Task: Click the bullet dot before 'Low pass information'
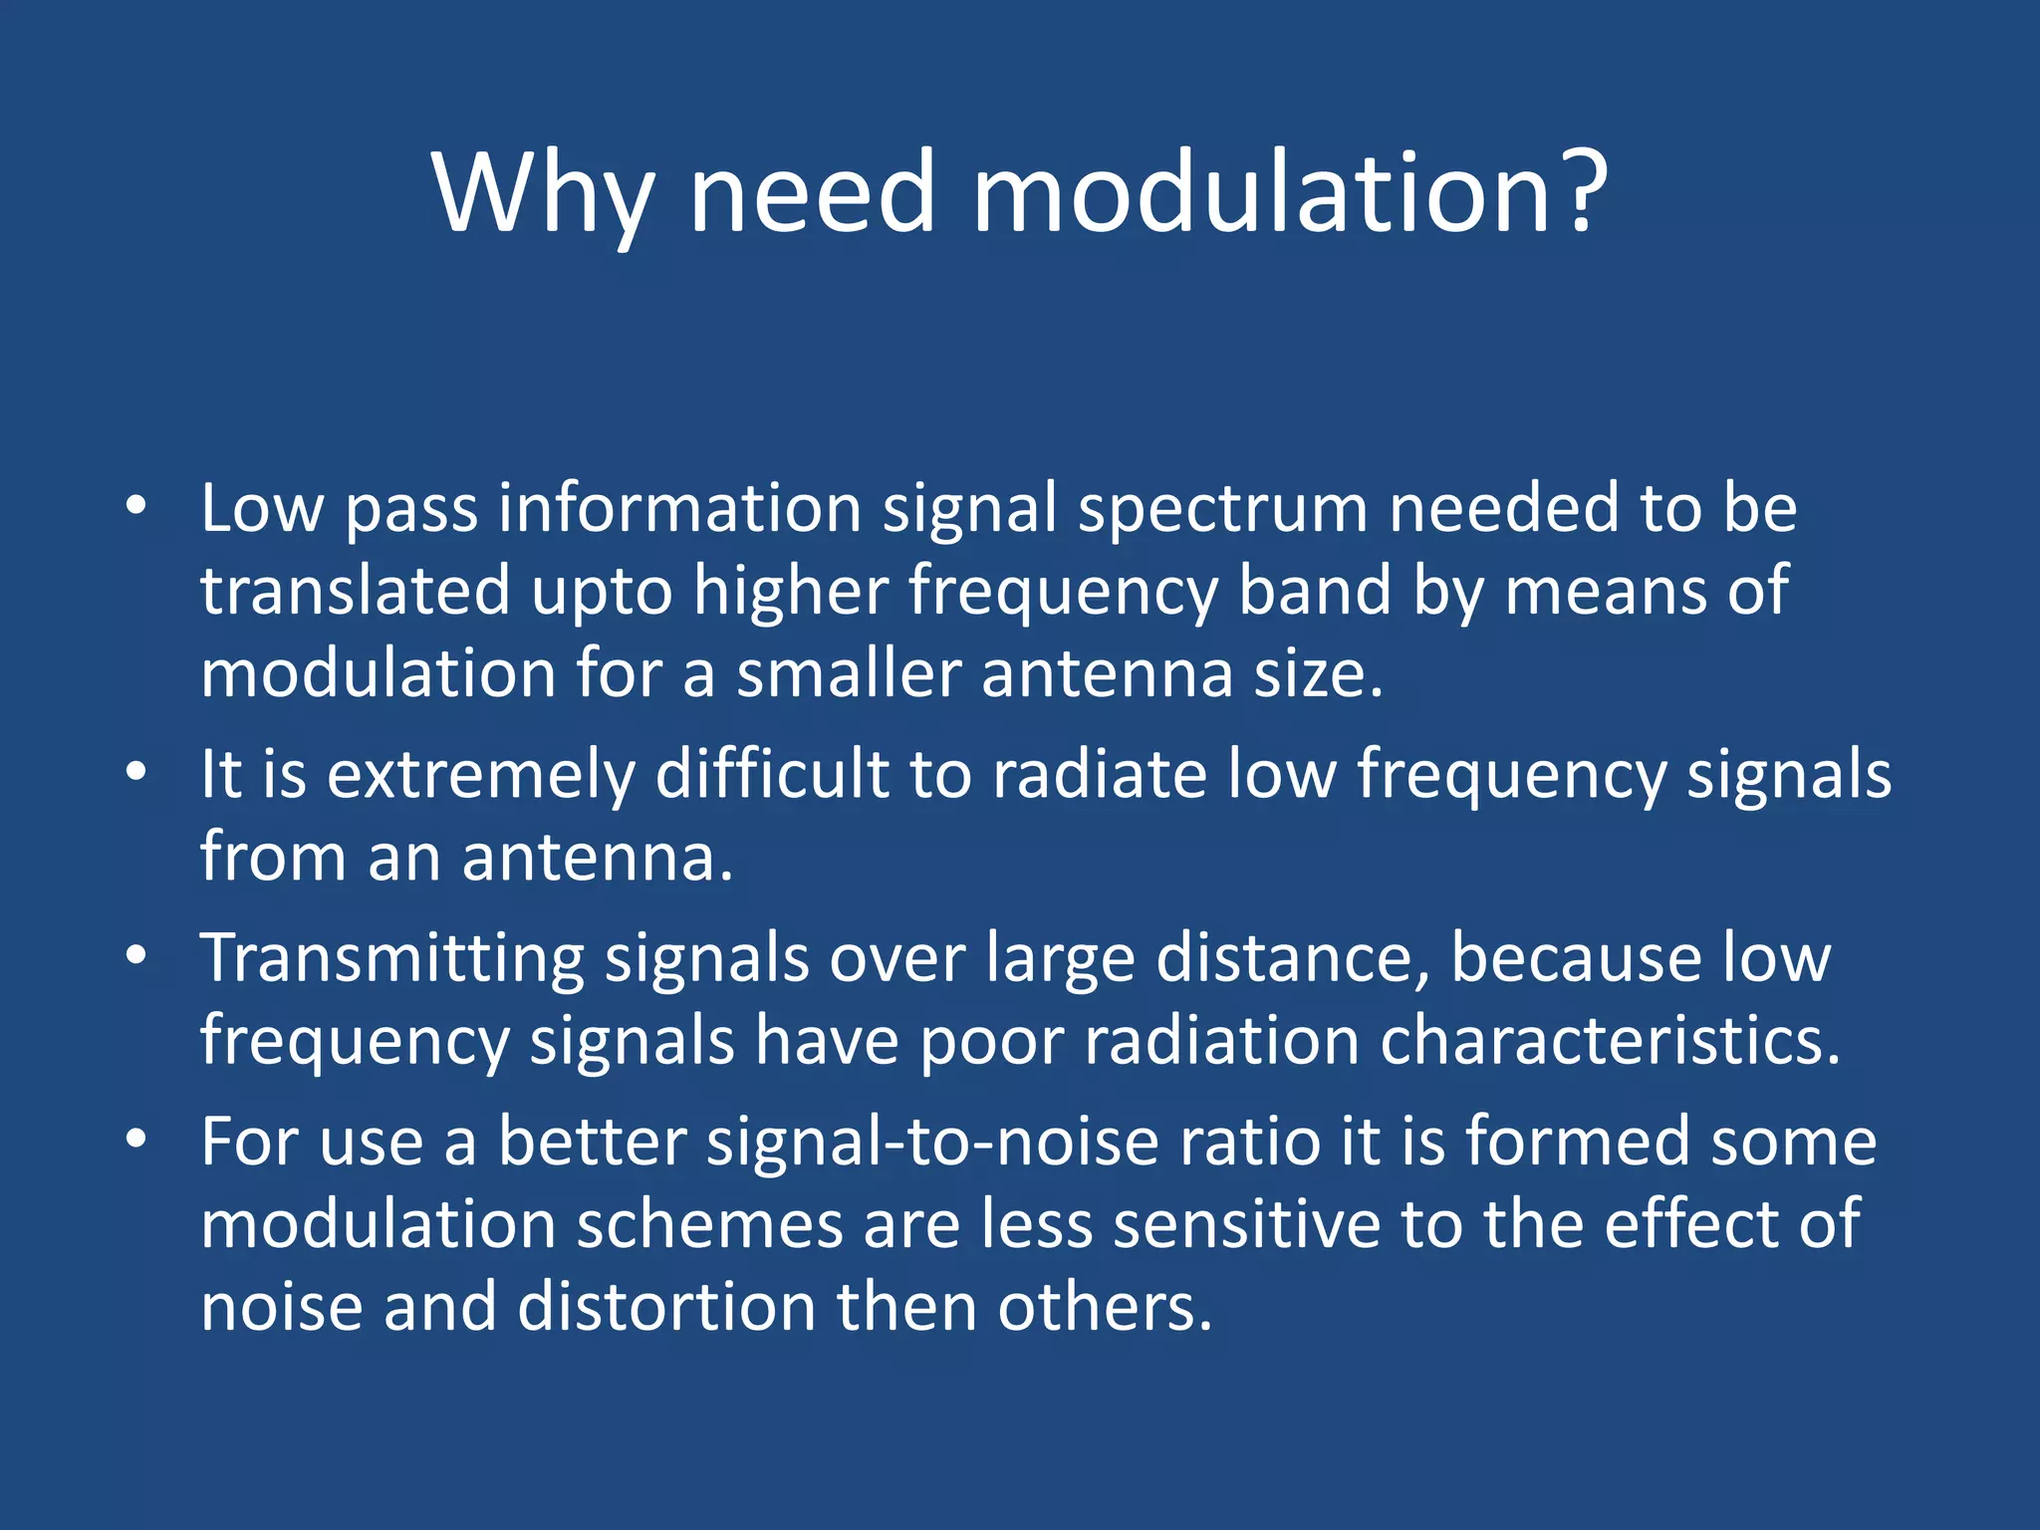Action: [136, 505]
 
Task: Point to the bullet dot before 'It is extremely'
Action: [136, 771]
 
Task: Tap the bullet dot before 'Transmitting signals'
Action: [136, 955]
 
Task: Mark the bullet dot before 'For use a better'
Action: [136, 1139]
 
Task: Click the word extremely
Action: [481, 776]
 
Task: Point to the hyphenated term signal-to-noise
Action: [932, 1142]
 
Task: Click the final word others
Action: [1104, 1307]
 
